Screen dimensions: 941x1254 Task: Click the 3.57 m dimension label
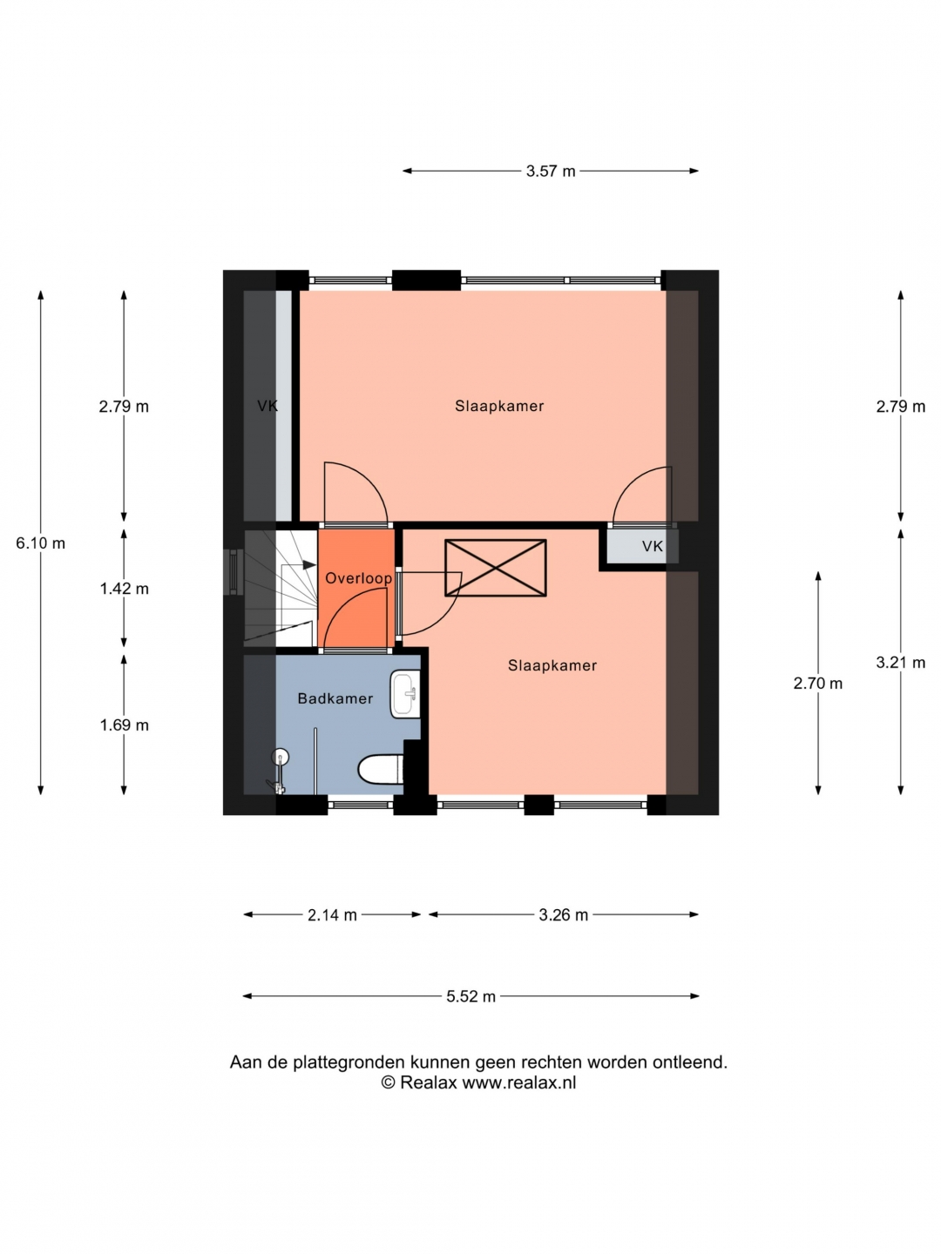pyautogui.click(x=550, y=171)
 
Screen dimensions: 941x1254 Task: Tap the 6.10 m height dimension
pyautogui.click(x=40, y=543)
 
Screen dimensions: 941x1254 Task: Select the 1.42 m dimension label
pyautogui.click(x=124, y=589)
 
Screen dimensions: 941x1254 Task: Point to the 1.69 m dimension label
pyautogui.click(x=124, y=725)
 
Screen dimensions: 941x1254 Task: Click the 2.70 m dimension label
pyautogui.click(x=817, y=684)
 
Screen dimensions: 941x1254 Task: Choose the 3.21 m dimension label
pyautogui.click(x=900, y=662)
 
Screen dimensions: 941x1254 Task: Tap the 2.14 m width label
pyautogui.click(x=332, y=915)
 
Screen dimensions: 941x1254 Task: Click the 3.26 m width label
pyautogui.click(x=564, y=915)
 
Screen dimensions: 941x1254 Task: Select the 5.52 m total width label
pyautogui.click(x=470, y=996)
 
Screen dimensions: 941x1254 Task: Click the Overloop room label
pyautogui.click(x=358, y=578)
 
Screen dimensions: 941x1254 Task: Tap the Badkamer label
pyautogui.click(x=335, y=698)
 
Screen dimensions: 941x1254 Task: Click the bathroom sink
pyautogui.click(x=405, y=694)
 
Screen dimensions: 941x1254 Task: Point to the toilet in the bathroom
pyautogui.click(x=381, y=770)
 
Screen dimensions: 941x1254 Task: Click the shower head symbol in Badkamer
pyautogui.click(x=280, y=757)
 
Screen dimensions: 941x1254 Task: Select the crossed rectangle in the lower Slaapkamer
pyautogui.click(x=496, y=568)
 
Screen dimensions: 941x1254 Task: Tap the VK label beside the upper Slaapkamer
pyautogui.click(x=267, y=406)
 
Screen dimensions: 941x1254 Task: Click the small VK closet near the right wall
pyautogui.click(x=642, y=546)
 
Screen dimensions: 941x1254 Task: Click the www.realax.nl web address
pyautogui.click(x=518, y=1082)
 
